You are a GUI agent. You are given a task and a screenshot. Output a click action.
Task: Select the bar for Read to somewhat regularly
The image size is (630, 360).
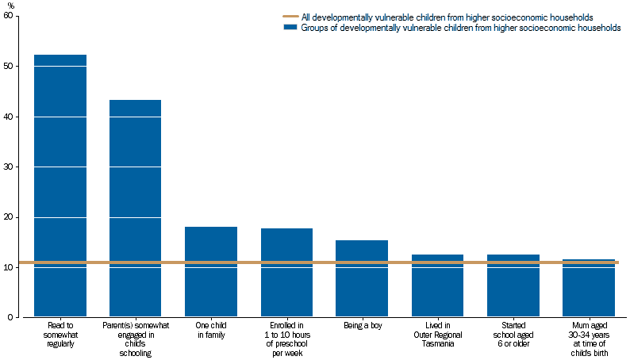(x=60, y=186)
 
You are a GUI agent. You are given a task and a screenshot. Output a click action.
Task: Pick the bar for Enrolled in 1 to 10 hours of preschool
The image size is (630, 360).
(x=286, y=273)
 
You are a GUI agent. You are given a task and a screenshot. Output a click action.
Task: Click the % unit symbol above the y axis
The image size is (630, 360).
(x=10, y=6)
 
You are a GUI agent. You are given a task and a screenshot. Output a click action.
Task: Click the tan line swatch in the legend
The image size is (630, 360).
(x=290, y=17)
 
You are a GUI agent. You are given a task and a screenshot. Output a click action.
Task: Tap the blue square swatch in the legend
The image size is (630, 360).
(x=290, y=28)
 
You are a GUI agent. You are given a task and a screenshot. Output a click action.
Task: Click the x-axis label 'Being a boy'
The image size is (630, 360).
(x=362, y=326)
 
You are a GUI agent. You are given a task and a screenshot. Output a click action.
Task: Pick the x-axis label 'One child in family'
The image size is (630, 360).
(x=211, y=331)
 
